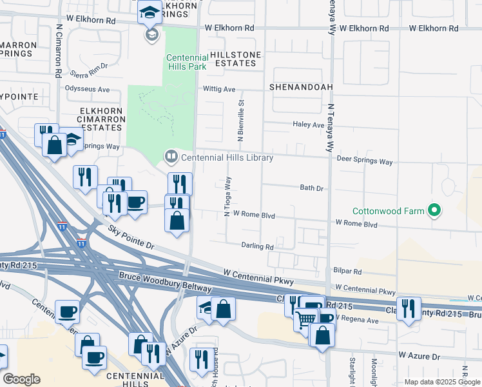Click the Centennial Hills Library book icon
point(171,156)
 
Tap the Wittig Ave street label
point(219,89)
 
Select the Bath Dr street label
point(311,188)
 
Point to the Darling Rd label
point(258,246)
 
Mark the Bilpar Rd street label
point(348,272)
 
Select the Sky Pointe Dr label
point(131,237)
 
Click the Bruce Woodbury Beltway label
point(164,282)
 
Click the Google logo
point(21,379)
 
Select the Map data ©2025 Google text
point(441,382)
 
